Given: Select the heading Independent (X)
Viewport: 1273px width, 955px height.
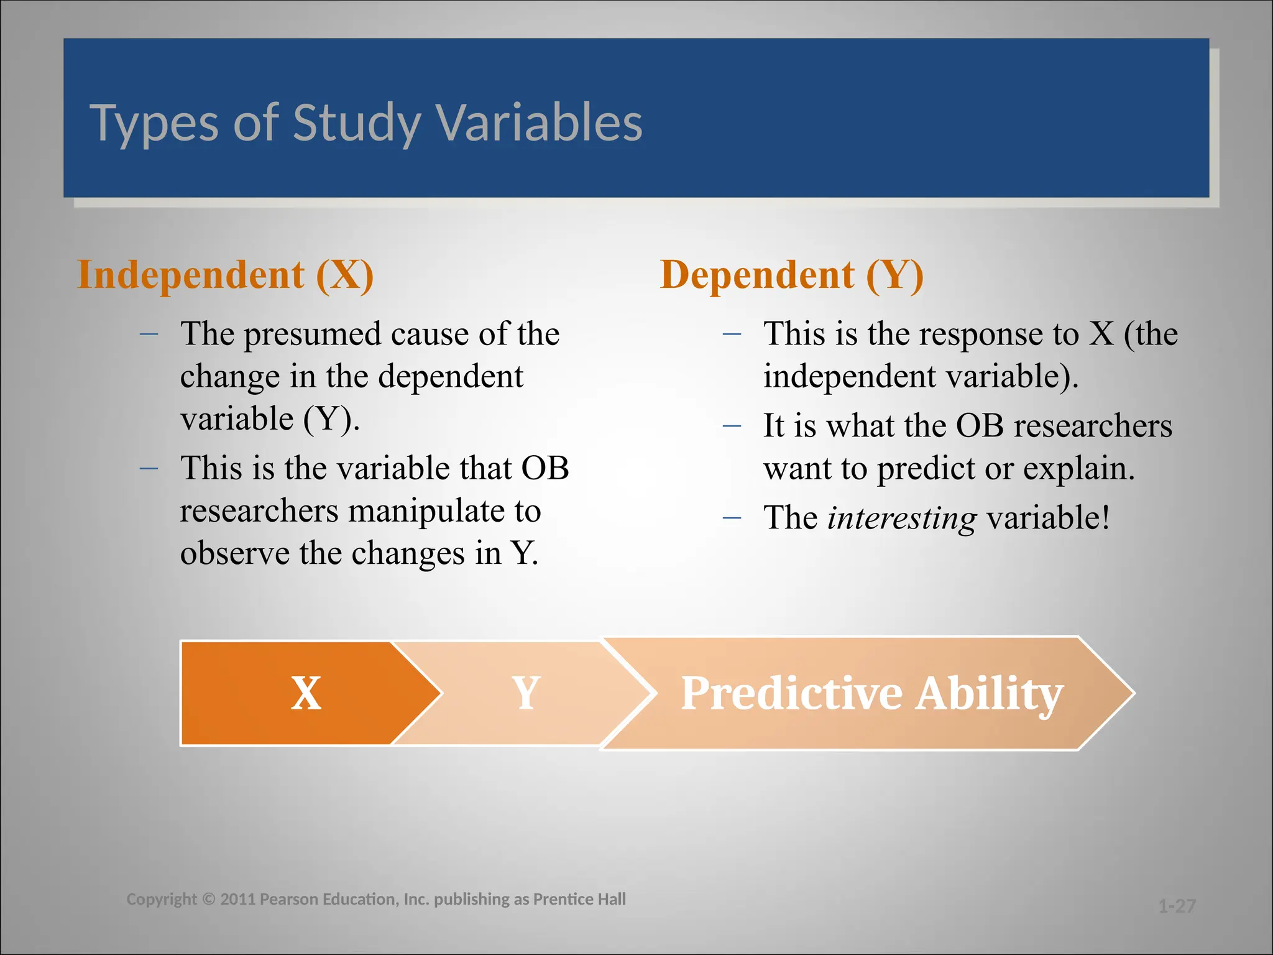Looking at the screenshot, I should [x=225, y=275].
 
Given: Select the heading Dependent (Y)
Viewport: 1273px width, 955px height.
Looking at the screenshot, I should [x=791, y=275].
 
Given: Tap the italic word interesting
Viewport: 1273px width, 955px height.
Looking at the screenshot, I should [x=901, y=518].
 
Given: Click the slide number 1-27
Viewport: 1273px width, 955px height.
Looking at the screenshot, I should [x=1177, y=906].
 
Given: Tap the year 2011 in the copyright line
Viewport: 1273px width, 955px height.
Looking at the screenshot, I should [x=237, y=899].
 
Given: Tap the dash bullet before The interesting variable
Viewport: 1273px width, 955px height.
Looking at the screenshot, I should [x=732, y=518].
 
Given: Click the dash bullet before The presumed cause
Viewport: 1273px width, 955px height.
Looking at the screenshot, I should [x=149, y=334].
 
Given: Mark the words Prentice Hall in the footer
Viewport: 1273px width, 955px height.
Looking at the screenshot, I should [x=579, y=899].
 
